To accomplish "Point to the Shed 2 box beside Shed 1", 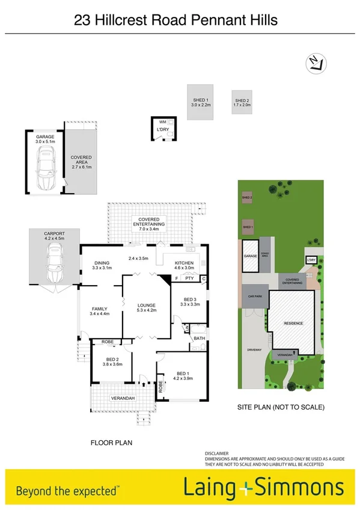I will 242,103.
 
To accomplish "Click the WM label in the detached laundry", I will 162,122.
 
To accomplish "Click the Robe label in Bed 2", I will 108,342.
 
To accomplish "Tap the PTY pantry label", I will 189,278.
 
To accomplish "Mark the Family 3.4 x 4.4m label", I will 99,311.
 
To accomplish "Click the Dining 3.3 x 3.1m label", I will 102,265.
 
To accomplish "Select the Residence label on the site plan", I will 294,324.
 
